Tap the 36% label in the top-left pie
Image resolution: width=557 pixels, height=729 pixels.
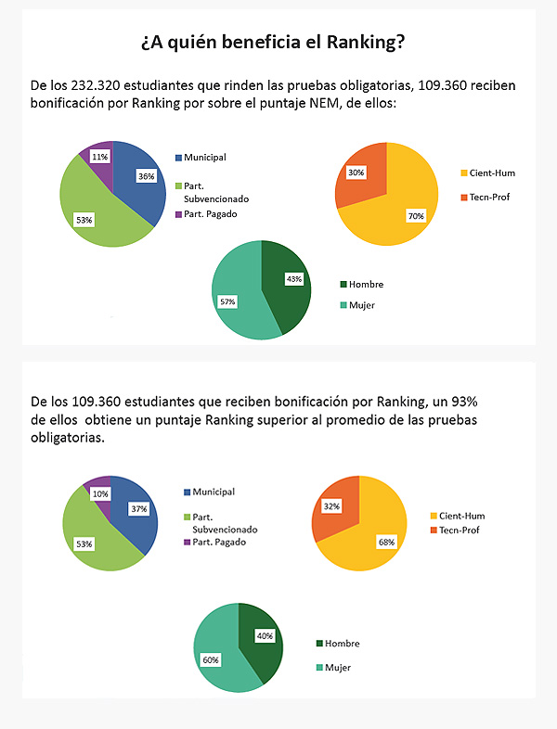click(145, 176)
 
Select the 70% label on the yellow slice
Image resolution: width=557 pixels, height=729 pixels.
click(415, 216)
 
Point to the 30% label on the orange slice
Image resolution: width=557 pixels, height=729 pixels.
click(356, 173)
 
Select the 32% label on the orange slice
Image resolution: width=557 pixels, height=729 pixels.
click(331, 506)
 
